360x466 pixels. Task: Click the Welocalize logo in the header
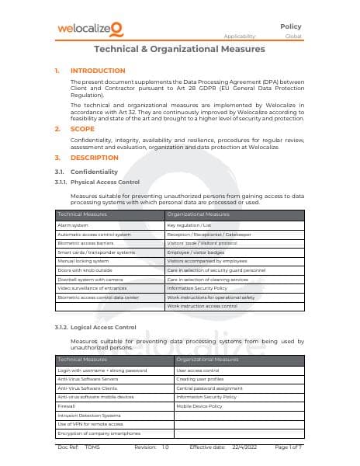(x=90, y=30)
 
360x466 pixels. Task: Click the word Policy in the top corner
(x=291, y=26)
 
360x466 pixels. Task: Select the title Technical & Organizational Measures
(x=179, y=49)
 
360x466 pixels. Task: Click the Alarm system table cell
(x=74, y=224)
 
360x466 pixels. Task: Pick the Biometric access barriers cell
(x=86, y=243)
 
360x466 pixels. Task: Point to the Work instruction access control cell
(x=202, y=306)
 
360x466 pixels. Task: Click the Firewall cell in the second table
(x=68, y=406)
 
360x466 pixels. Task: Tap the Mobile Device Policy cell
(x=199, y=406)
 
